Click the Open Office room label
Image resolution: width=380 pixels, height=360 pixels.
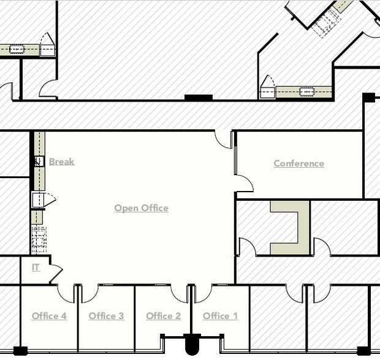pyautogui.click(x=142, y=208)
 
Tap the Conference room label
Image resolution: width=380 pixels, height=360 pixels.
pyautogui.click(x=299, y=163)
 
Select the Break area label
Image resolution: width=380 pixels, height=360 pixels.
pyautogui.click(x=62, y=162)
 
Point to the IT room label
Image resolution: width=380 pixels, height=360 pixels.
pyautogui.click(x=36, y=268)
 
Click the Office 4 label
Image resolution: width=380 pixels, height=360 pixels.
pyautogui.click(x=49, y=316)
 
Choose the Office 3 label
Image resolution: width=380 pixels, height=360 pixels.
pyautogui.click(x=107, y=316)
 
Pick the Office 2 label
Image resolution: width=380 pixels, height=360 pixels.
pyautogui.click(x=164, y=316)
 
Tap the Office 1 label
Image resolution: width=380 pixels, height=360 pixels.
pyautogui.click(x=220, y=316)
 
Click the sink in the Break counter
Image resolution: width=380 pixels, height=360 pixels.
pyautogui.click(x=39, y=162)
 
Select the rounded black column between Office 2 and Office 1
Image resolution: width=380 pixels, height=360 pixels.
pyautogui.click(x=192, y=344)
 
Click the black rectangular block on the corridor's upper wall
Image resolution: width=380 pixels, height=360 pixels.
pyautogui.click(x=199, y=97)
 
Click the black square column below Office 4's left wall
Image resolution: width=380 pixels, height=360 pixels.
pyautogui.click(x=20, y=351)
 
